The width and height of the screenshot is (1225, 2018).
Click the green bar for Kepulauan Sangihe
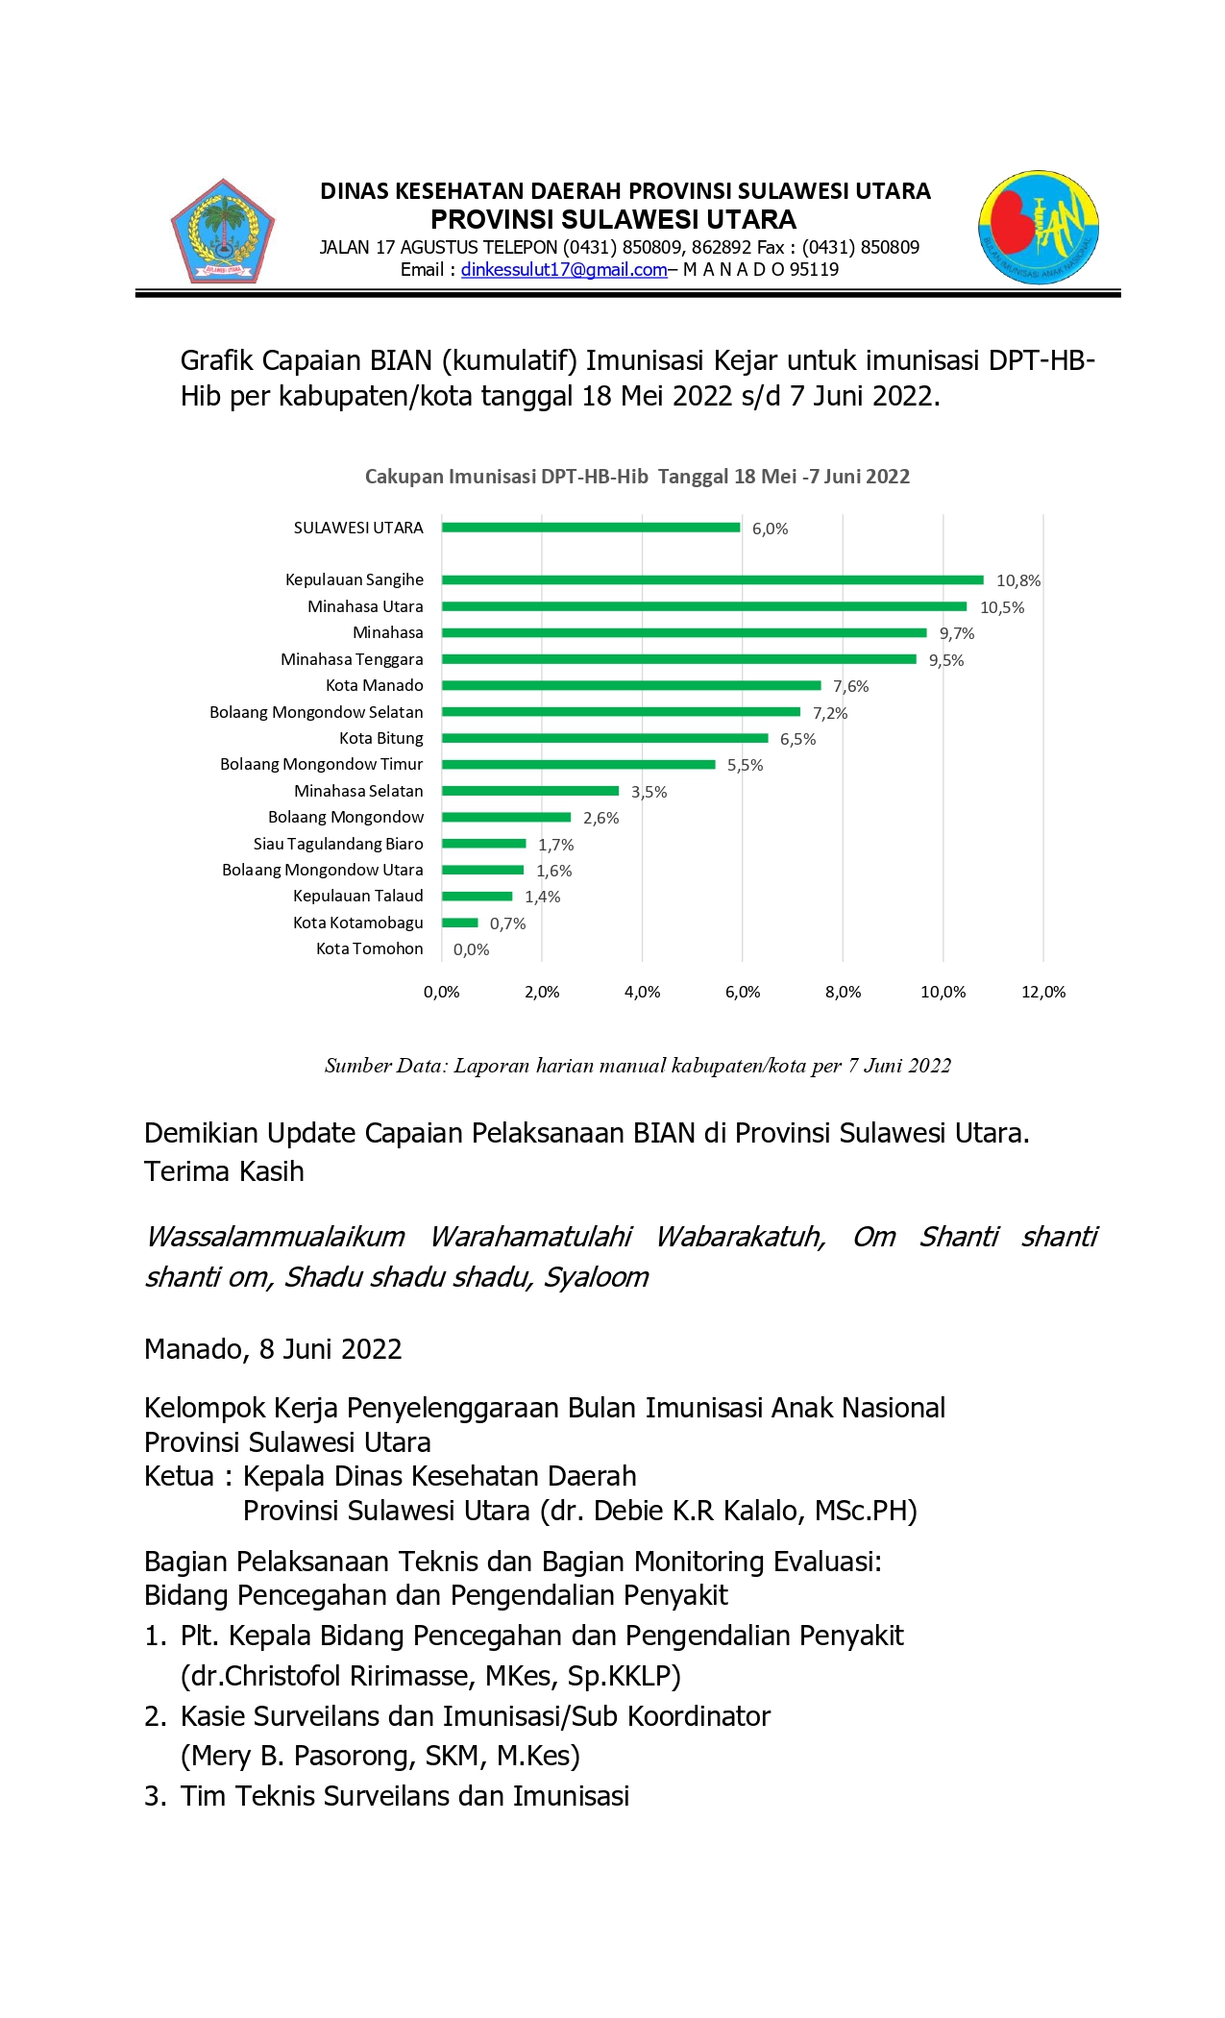(712, 580)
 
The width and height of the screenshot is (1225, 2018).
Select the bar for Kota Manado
(631, 686)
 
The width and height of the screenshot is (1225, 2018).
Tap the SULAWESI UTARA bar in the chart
(591, 528)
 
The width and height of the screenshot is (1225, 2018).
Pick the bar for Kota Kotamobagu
(460, 923)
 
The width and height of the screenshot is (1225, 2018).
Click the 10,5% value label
(1001, 607)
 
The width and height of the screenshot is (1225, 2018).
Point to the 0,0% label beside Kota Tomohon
(471, 949)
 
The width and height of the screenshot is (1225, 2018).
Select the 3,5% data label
(649, 792)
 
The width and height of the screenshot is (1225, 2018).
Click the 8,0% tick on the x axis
(843, 992)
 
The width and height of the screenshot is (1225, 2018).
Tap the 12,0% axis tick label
(1043, 992)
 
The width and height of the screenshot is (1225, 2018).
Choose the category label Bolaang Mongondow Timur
(321, 764)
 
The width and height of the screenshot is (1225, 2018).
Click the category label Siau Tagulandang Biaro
(337, 844)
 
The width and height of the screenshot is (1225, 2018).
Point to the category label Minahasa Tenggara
(352, 659)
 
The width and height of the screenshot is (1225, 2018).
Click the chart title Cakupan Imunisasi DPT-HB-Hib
(636, 477)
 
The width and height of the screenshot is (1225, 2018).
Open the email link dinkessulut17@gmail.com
(564, 270)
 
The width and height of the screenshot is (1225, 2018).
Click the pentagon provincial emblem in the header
(223, 232)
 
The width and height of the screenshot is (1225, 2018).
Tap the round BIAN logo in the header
(1039, 228)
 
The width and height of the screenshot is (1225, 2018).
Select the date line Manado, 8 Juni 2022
(273, 1349)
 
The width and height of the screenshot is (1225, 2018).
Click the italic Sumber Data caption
(637, 1065)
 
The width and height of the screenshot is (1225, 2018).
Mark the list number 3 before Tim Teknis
(154, 1796)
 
